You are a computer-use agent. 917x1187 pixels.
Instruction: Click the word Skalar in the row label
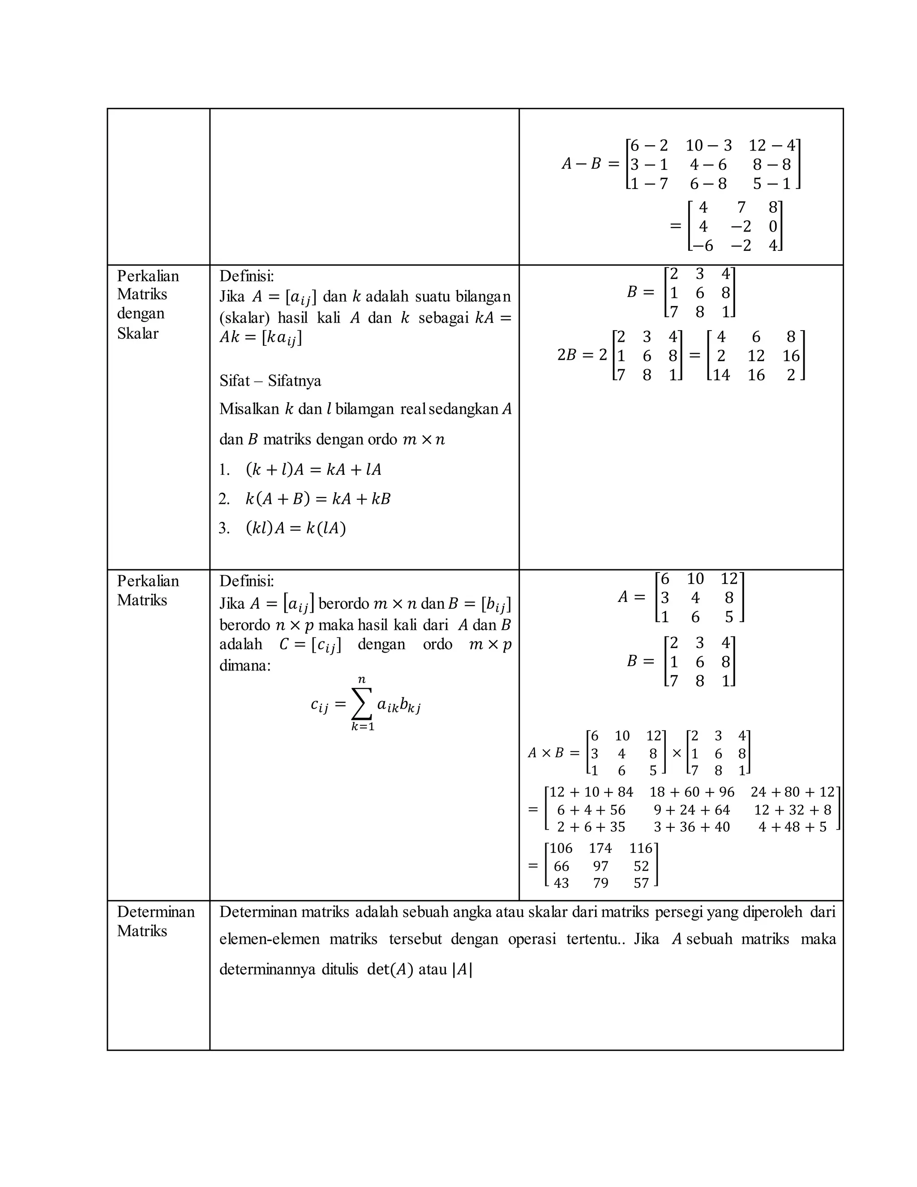(x=137, y=333)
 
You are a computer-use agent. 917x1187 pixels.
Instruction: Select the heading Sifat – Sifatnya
(x=270, y=380)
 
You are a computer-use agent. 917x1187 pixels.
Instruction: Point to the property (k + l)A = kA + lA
(x=313, y=469)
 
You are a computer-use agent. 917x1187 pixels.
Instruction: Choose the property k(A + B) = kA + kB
(x=318, y=499)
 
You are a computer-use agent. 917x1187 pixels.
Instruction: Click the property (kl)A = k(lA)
(x=296, y=528)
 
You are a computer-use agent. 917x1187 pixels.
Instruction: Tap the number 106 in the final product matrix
(x=561, y=848)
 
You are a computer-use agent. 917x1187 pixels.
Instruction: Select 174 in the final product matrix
(x=600, y=848)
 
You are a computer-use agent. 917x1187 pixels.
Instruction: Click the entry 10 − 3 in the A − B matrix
(x=708, y=146)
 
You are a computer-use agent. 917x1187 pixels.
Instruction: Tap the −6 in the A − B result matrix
(x=702, y=245)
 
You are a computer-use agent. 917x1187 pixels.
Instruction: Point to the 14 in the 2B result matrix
(x=721, y=375)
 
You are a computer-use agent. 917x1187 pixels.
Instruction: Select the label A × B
(x=546, y=753)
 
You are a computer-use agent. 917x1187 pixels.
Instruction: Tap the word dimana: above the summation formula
(x=244, y=665)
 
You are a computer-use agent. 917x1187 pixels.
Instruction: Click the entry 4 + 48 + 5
(x=792, y=827)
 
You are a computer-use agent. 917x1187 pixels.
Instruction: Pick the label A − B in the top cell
(x=581, y=163)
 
